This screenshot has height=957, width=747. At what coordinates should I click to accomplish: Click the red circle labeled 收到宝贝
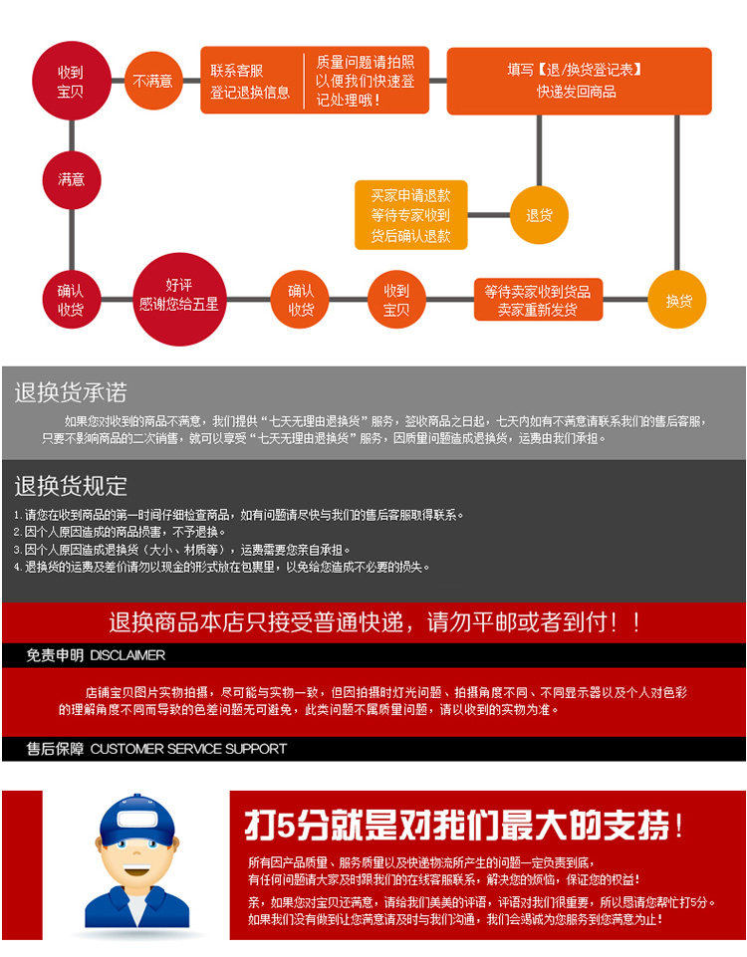[x=71, y=81]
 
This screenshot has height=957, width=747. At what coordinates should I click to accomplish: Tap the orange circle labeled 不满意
[x=152, y=81]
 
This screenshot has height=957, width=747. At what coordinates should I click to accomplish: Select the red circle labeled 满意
[x=71, y=180]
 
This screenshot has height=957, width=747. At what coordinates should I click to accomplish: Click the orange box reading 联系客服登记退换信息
[x=250, y=81]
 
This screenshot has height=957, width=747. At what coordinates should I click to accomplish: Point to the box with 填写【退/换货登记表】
[x=578, y=81]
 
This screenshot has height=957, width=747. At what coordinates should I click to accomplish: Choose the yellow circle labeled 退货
[x=539, y=214]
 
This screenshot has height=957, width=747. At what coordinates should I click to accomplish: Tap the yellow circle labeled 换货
[x=678, y=300]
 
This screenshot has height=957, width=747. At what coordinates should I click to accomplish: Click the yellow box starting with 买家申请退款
[x=410, y=214]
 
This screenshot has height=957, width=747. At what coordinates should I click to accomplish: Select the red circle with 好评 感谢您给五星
[x=178, y=295]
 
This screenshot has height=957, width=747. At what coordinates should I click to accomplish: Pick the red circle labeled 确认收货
[x=71, y=300]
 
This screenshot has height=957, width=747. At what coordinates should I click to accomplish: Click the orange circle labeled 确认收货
[x=301, y=300]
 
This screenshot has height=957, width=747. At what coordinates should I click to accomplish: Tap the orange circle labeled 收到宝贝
[x=396, y=300]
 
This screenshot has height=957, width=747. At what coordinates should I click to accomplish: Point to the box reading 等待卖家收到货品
[x=538, y=300]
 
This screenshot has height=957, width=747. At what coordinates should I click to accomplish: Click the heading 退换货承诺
[x=71, y=392]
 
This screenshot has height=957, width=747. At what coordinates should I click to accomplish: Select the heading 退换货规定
[x=71, y=486]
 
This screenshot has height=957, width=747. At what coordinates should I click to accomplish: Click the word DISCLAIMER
[x=127, y=655]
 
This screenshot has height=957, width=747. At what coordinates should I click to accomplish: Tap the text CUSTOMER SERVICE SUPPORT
[x=188, y=749]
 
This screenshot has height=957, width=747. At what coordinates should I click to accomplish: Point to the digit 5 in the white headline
[x=282, y=826]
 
